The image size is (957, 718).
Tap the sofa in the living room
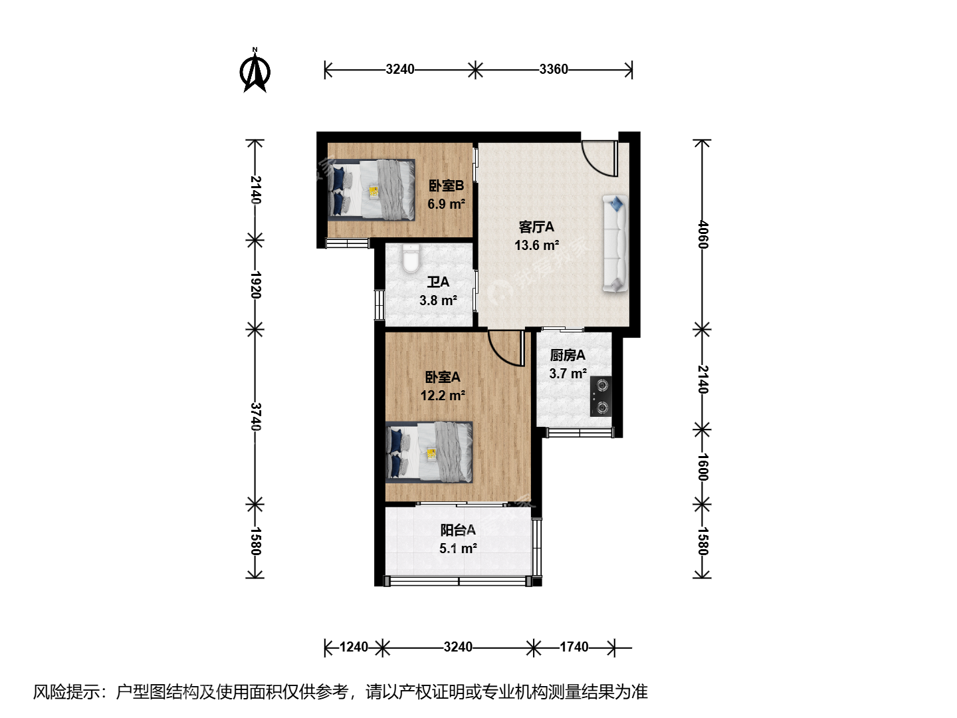pyautogui.click(x=615, y=244)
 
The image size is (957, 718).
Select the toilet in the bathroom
pyautogui.click(x=410, y=259)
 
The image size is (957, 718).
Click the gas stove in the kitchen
pyautogui.click(x=601, y=396)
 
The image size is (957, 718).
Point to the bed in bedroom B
pyautogui.click(x=371, y=190)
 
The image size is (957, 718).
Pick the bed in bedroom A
pyautogui.click(x=429, y=452)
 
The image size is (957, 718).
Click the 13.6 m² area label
pyautogui.click(x=537, y=245)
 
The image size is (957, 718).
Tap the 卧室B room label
pyautogui.click(x=446, y=186)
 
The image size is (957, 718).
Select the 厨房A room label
pyautogui.click(x=568, y=355)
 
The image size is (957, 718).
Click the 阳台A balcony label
pyautogui.click(x=458, y=530)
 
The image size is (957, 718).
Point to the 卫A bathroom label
pyautogui.click(x=438, y=282)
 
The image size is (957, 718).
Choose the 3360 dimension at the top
pyautogui.click(x=554, y=69)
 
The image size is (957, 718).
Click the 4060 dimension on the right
pyautogui.click(x=702, y=235)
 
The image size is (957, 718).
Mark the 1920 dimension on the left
pyautogui.click(x=256, y=285)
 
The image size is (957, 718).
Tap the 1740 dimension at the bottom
pyautogui.click(x=574, y=647)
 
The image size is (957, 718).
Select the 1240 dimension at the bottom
pyautogui.click(x=354, y=647)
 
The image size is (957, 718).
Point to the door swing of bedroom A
pyautogui.click(x=506, y=348)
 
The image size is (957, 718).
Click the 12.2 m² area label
pyautogui.click(x=443, y=396)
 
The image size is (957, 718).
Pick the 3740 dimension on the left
pyautogui.click(x=256, y=416)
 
